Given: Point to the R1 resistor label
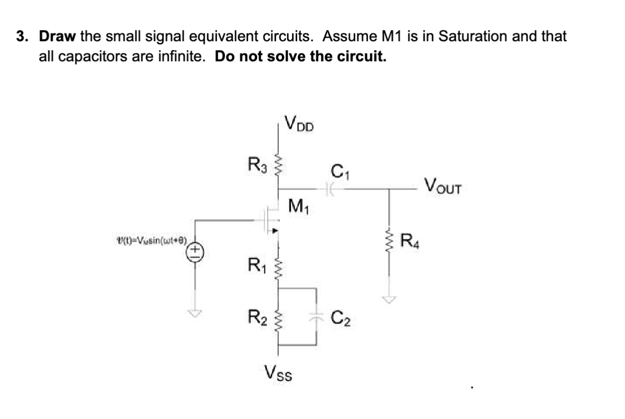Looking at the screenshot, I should pos(257,262).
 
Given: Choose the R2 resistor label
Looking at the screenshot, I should pos(257,318).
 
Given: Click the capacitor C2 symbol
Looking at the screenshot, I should pos(316,317).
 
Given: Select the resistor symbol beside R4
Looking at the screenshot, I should pos(389,243).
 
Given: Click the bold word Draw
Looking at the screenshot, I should pos(58,36).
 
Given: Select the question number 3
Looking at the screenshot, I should pos(21,36).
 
